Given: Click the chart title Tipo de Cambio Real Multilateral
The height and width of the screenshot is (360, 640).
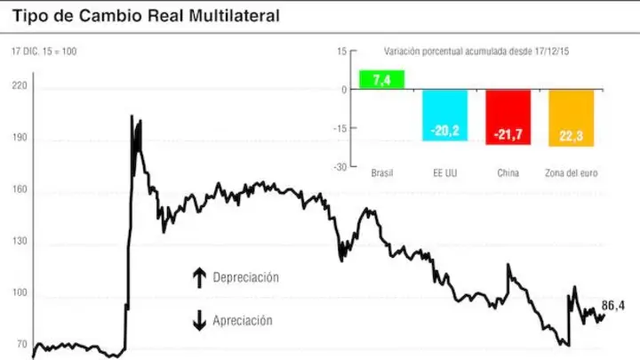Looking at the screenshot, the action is click(146, 15).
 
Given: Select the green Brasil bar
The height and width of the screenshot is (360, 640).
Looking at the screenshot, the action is click(381, 80).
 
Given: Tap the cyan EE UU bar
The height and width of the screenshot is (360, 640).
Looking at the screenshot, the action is click(445, 115).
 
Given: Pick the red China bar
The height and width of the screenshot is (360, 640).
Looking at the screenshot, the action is click(508, 117).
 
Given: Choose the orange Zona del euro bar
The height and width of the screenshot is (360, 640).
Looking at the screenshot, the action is click(572, 118).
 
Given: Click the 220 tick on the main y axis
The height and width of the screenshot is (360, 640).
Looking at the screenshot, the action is click(20, 85).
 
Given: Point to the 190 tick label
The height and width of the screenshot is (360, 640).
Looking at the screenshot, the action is click(20, 137).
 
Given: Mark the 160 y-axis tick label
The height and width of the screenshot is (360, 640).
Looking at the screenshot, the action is click(20, 189).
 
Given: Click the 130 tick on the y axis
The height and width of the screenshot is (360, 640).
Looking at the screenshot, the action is click(20, 241).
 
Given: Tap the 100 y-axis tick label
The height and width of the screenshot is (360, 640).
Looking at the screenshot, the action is click(20, 292).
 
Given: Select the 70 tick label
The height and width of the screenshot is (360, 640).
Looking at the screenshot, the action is click(22, 345).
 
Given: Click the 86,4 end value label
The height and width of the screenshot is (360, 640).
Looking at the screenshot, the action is click(613, 305).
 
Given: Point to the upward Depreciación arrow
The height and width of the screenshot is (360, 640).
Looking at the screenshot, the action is click(199, 278).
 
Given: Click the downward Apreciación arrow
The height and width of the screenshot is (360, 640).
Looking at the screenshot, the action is click(199, 320).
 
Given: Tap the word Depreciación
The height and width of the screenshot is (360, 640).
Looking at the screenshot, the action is click(245, 277).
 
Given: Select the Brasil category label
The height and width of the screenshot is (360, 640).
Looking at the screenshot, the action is click(382, 173).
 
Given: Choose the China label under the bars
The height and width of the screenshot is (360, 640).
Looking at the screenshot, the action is click(508, 173).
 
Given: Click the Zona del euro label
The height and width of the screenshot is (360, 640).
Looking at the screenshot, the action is click(572, 173).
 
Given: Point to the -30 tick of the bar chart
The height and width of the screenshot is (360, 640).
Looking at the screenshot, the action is click(340, 167).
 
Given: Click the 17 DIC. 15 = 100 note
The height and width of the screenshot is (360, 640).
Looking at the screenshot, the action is click(44, 52).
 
